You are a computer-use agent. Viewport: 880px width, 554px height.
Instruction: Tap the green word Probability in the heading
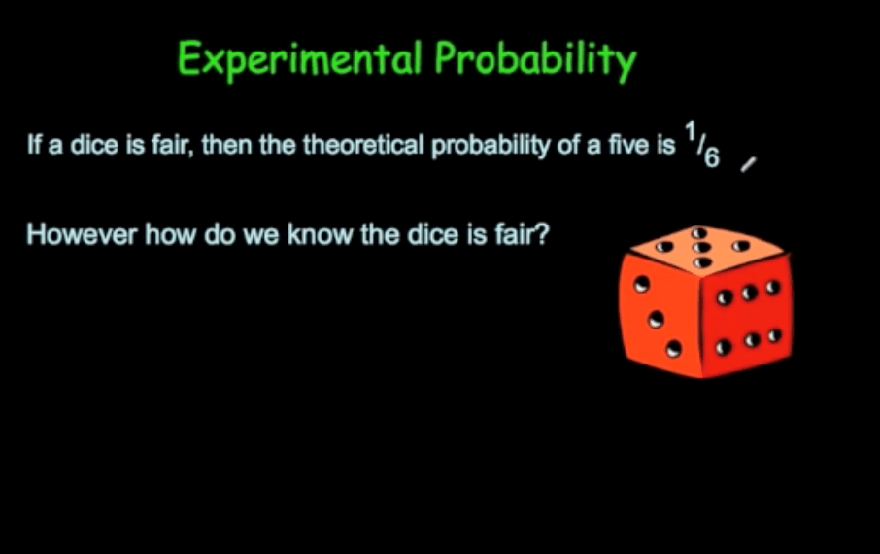[534, 60]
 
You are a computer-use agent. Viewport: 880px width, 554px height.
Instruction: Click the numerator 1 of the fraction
[689, 137]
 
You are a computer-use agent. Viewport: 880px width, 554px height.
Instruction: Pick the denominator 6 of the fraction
[712, 156]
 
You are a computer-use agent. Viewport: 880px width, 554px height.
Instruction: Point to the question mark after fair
[543, 235]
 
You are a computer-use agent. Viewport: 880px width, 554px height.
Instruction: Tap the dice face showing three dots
[659, 317]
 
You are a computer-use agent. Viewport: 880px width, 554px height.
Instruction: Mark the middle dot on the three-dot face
[657, 317]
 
